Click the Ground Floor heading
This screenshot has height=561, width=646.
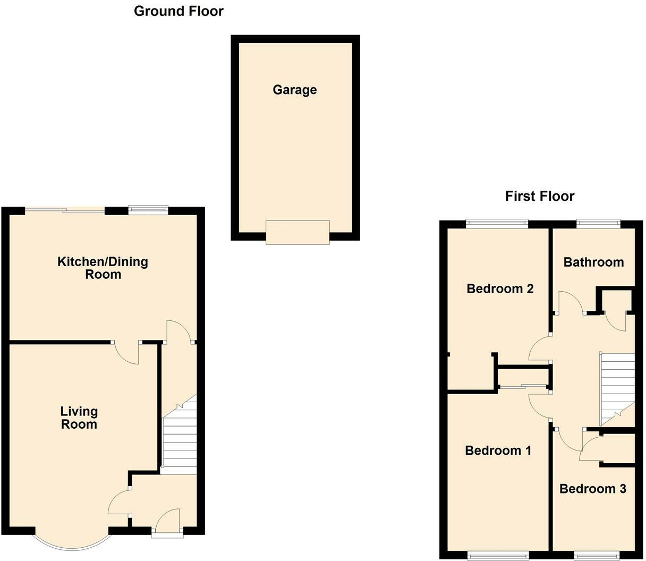(178, 11)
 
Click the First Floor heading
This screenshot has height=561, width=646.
(539, 196)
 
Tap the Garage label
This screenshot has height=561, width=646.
(294, 90)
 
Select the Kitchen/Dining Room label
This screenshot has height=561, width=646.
(103, 268)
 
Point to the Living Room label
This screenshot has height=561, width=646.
(79, 418)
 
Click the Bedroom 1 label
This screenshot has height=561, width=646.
(497, 450)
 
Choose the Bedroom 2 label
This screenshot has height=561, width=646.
(499, 288)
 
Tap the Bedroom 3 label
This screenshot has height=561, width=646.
(592, 488)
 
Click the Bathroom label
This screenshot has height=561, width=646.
(593, 262)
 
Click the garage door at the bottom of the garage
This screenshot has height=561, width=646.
(297, 232)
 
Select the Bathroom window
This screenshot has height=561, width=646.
(598, 224)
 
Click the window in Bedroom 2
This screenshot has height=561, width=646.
(497, 224)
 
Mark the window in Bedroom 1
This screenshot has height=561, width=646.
(498, 556)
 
